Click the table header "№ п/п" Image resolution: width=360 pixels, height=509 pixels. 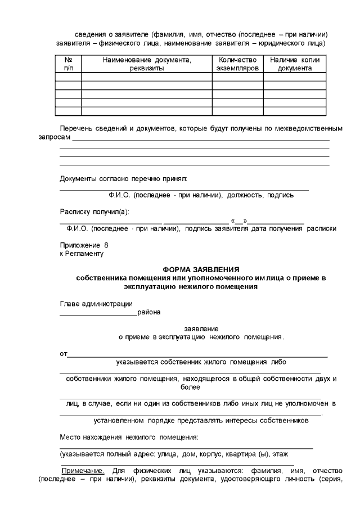click(x=68, y=64)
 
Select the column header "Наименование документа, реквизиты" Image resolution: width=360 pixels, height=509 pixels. click(x=147, y=64)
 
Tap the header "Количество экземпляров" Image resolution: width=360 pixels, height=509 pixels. click(x=237, y=64)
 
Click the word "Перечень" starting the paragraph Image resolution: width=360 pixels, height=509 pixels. click(x=76, y=129)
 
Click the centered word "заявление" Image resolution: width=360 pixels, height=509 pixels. click(x=201, y=328)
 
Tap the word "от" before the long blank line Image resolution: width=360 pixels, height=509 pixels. click(x=64, y=354)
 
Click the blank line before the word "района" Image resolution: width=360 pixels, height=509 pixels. click(x=98, y=314)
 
